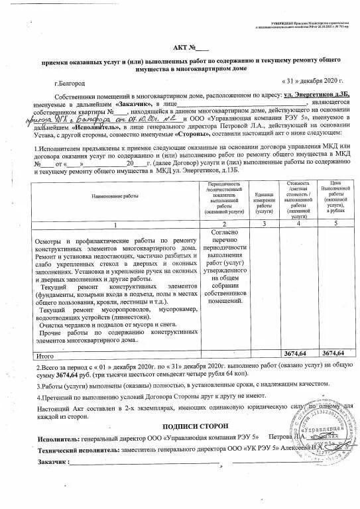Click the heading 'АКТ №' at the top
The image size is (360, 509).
click(x=189, y=47)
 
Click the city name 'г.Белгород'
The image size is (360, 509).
click(x=71, y=84)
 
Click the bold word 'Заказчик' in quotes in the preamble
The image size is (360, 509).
click(x=135, y=104)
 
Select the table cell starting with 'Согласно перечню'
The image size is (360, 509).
click(x=227, y=264)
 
